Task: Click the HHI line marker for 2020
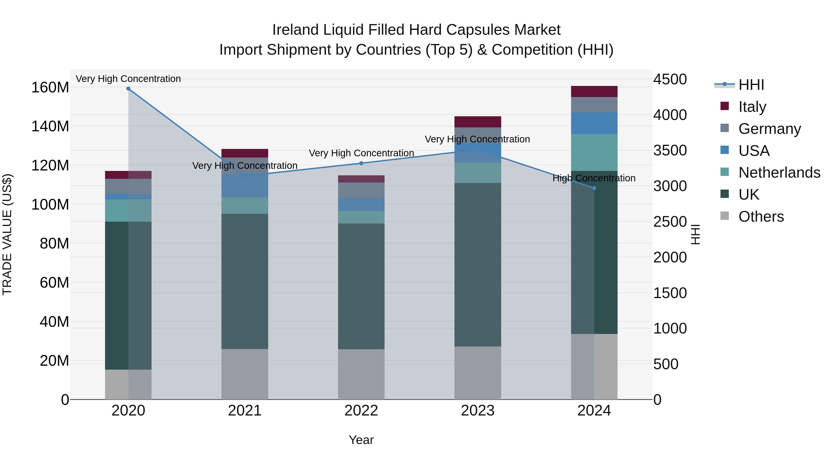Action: pos(128,89)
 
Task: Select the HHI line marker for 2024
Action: pos(594,188)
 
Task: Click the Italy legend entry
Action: pos(752,107)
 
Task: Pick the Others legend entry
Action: pos(761,217)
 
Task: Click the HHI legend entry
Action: pos(751,85)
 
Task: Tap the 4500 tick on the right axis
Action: pos(670,79)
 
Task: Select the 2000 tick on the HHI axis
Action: pos(670,257)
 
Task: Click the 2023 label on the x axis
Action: pos(478,411)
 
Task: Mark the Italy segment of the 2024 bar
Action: pos(594,91)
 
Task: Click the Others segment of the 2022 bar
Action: pos(361,374)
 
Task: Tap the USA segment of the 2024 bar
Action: pos(594,123)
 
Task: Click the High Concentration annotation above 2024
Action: pos(594,178)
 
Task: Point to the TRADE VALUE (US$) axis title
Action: pos(7,234)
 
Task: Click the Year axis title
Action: pos(361,440)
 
